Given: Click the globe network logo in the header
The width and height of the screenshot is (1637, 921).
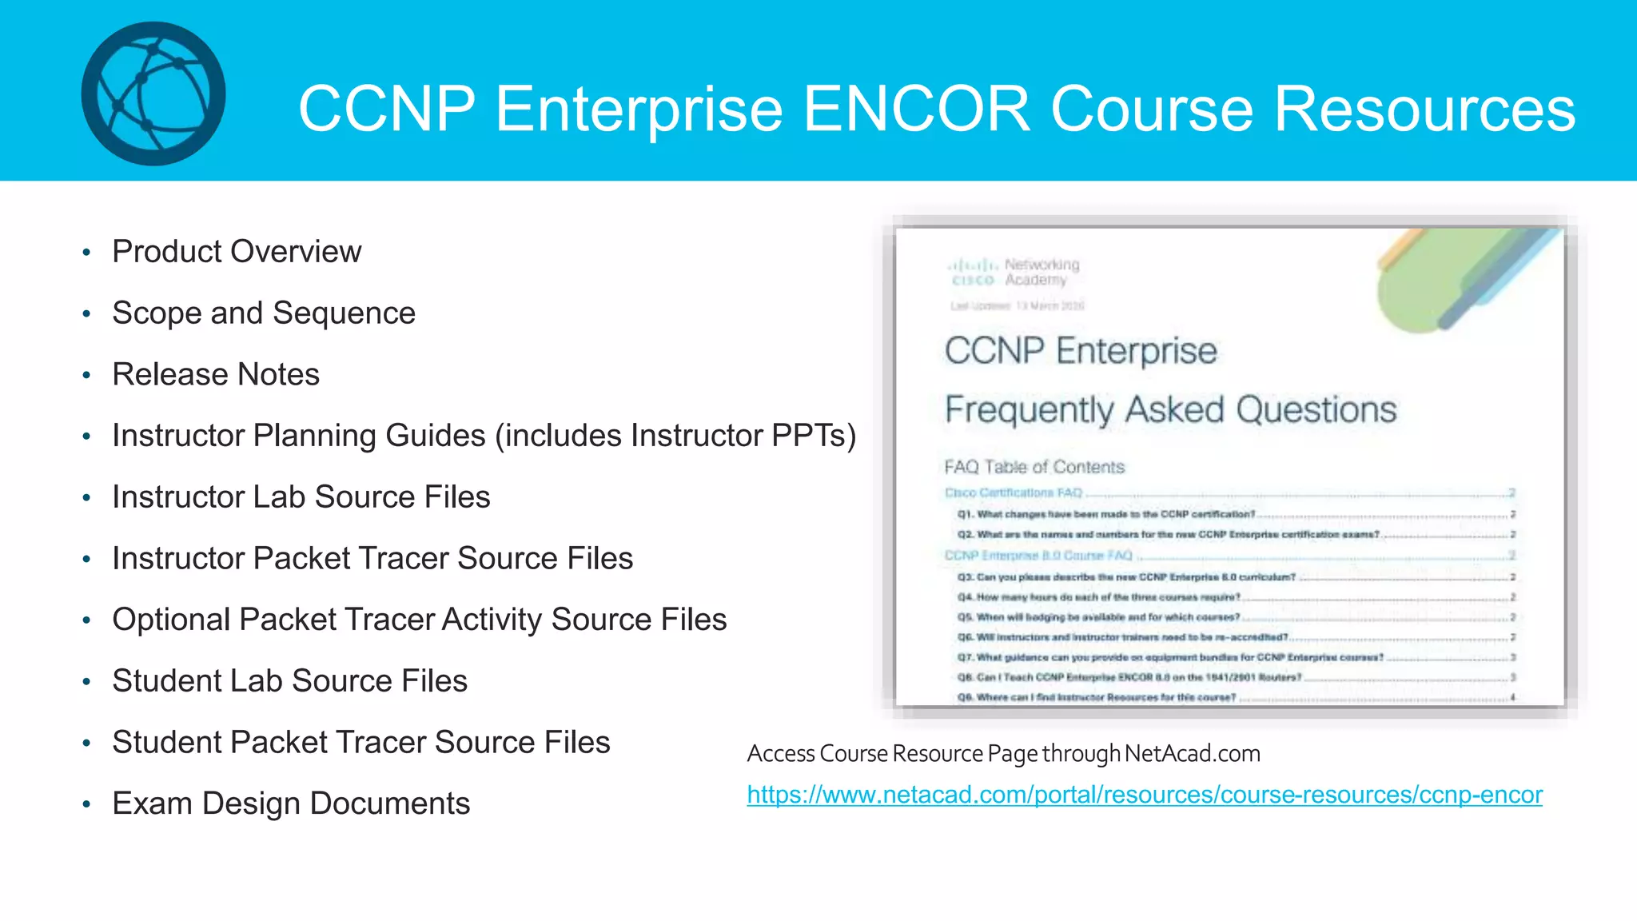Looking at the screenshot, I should [153, 94].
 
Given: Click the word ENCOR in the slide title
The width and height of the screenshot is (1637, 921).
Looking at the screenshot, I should [916, 109].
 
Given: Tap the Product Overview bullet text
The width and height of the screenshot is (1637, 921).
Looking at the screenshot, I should [237, 252].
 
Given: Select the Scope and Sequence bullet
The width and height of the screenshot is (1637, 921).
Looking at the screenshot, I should [264, 313].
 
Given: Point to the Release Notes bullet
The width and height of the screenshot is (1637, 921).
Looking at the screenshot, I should [216, 375].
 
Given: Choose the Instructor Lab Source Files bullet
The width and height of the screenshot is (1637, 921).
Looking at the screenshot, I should [301, 497].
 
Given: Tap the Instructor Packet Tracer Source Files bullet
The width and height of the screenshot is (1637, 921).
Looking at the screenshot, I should [372, 559].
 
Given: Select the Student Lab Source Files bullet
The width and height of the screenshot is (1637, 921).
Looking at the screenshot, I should [289, 681].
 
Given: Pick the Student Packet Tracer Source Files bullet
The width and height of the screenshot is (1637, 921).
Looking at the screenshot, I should [360, 743].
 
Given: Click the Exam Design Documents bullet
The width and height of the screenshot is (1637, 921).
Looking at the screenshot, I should [291, 804].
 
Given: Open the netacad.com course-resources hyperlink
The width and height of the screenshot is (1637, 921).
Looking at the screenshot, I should [1144, 795].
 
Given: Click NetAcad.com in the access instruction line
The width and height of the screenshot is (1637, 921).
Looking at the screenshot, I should [1192, 754].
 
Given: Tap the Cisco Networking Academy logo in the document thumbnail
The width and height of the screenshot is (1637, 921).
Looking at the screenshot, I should [1013, 272].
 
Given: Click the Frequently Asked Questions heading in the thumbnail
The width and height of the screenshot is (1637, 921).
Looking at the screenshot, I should [1170, 410].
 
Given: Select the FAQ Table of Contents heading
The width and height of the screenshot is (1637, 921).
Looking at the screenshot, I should [1034, 467].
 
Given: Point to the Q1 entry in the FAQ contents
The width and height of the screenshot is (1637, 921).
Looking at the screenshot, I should [1106, 514].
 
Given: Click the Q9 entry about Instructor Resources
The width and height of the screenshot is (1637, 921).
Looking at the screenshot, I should [1097, 697].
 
